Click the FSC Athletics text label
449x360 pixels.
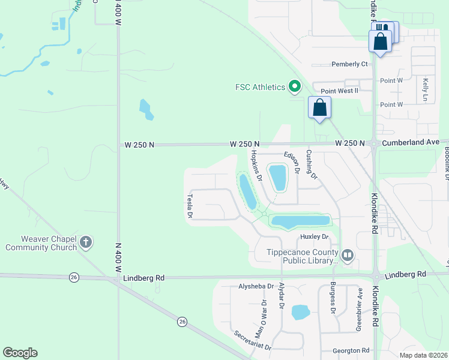point(259,88)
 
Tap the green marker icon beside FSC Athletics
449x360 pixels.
point(294,87)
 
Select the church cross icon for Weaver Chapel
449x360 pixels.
point(86,242)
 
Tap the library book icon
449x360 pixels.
point(348,256)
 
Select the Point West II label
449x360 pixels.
point(339,91)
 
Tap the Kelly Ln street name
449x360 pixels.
point(426,89)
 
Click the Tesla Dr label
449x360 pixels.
point(190,205)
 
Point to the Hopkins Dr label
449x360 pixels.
point(256,165)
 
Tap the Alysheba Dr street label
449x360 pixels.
point(256,287)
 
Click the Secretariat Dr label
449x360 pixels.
point(253,340)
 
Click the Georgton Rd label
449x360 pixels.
point(353,350)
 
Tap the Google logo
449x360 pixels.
point(20,353)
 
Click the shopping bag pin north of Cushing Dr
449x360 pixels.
point(320,108)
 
